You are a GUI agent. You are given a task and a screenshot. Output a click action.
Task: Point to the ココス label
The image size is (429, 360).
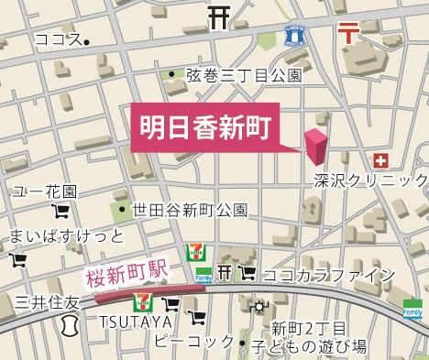coord(56,39)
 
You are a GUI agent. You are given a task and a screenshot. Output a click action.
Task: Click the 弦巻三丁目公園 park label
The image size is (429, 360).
coord(243,75)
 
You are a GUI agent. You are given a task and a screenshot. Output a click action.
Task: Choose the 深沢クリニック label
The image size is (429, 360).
coord(369,180)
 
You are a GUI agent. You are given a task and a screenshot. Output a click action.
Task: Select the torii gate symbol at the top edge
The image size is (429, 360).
coord(218,15)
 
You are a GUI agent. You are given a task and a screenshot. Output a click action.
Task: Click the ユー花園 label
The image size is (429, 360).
coord(44,192)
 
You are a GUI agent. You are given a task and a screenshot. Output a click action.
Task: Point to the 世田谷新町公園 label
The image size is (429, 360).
coord(189,210)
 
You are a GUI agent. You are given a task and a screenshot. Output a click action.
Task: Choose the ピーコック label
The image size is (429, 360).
coord(194,342)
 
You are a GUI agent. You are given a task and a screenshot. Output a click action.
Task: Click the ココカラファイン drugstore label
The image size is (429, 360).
coord(328,275)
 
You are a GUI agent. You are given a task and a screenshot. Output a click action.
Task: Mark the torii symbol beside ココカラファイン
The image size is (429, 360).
coord(225,273)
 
